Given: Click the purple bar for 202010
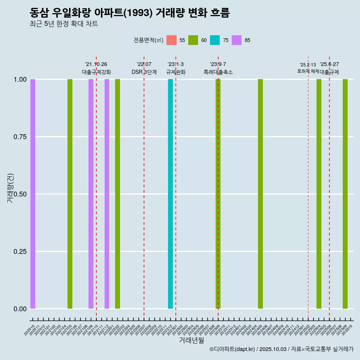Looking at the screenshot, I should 33,194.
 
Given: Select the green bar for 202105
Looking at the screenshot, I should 70,194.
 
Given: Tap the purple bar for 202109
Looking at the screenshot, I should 91,194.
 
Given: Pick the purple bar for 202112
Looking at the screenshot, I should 107,194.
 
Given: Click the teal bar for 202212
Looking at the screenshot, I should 171,194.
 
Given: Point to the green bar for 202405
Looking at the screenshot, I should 260,194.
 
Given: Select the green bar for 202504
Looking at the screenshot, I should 319,194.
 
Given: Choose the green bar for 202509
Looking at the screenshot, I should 345,194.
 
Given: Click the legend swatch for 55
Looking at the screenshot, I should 171,40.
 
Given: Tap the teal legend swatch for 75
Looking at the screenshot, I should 215,40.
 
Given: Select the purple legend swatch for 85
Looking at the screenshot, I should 237,40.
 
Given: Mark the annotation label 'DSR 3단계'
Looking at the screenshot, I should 144,72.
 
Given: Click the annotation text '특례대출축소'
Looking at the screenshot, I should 218,72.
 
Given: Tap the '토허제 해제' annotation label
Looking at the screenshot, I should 308,71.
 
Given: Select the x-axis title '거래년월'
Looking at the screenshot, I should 192,340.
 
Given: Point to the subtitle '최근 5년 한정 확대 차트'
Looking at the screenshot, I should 64,24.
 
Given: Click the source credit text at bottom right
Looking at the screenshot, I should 281,349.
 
